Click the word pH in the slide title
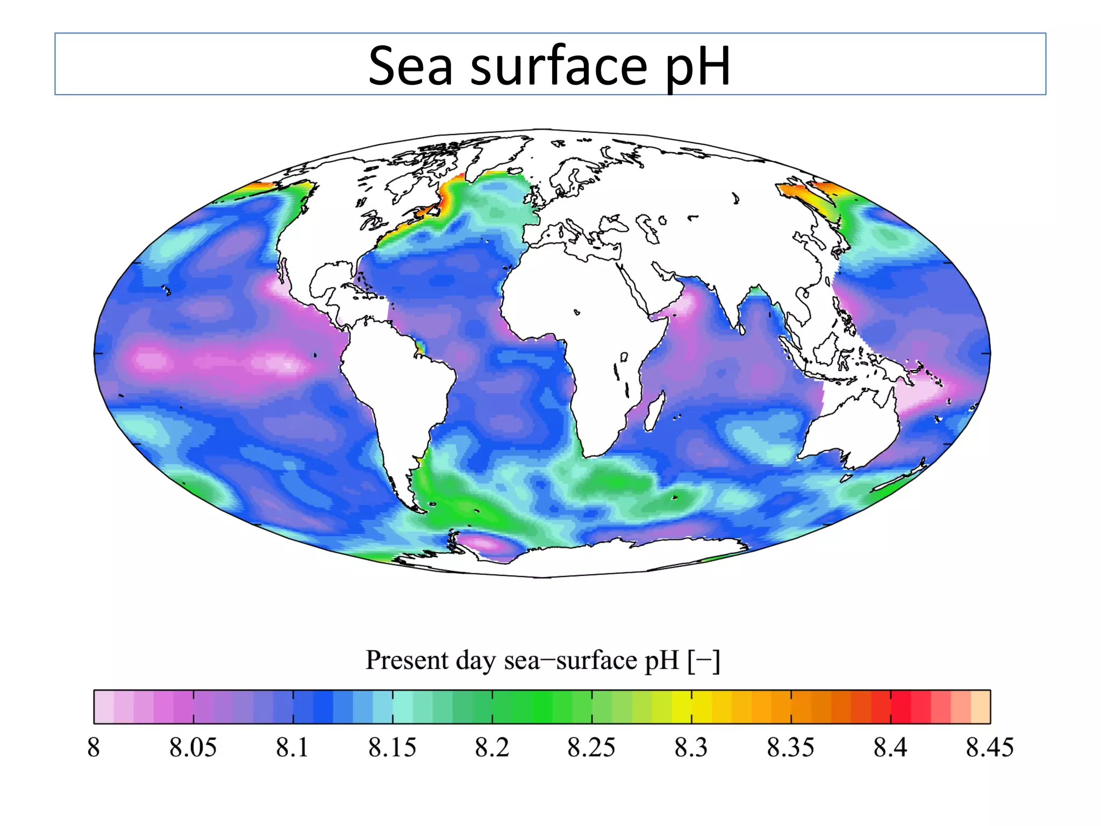click(697, 67)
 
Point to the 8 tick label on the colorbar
click(94, 747)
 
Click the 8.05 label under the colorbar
click(193, 747)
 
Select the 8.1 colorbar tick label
click(292, 747)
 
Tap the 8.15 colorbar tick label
click(392, 747)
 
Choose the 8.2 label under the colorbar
click(491, 747)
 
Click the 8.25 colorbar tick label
click(591, 747)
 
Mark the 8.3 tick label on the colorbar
click(691, 747)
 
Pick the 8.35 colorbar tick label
click(790, 747)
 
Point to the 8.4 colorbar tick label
click(890, 747)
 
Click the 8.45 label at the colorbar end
click(989, 747)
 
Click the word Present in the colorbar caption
click(406, 660)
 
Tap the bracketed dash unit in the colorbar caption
click(703, 660)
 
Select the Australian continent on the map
click(855, 425)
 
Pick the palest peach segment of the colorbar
click(981, 707)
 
